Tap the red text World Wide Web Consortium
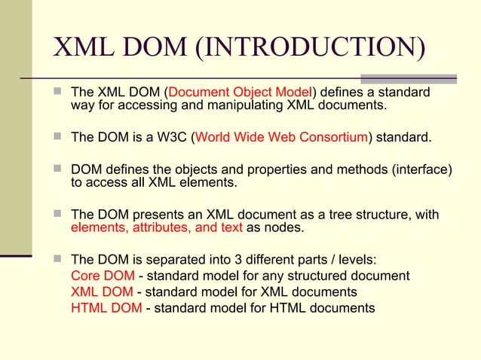tap(282, 138)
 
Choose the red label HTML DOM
tap(106, 307)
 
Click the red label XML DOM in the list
tap(102, 291)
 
